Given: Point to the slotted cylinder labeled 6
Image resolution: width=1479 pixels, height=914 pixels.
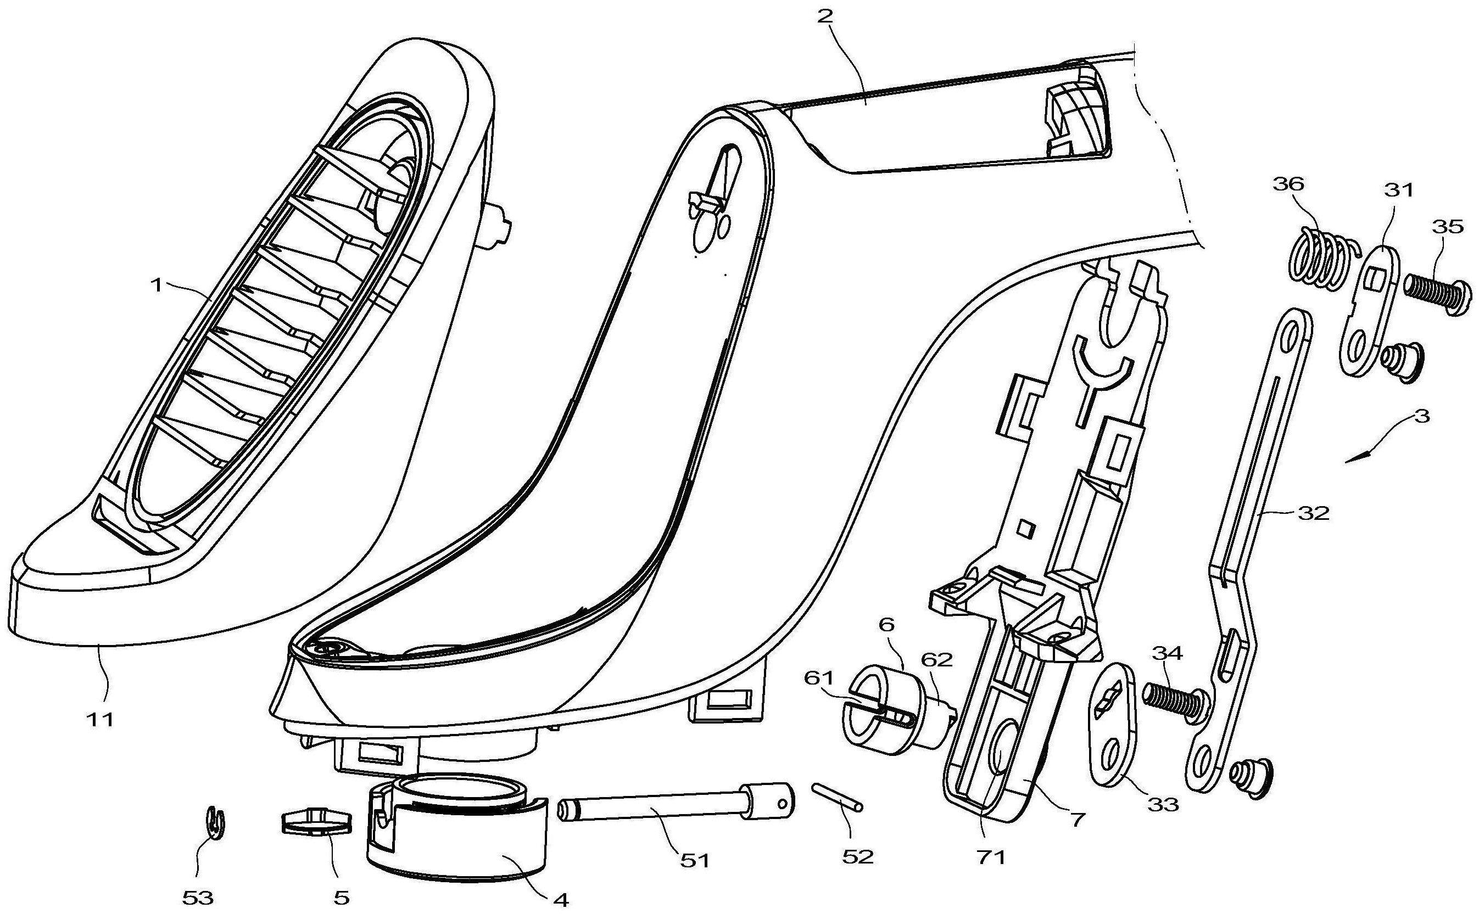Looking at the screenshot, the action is tap(896, 711).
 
